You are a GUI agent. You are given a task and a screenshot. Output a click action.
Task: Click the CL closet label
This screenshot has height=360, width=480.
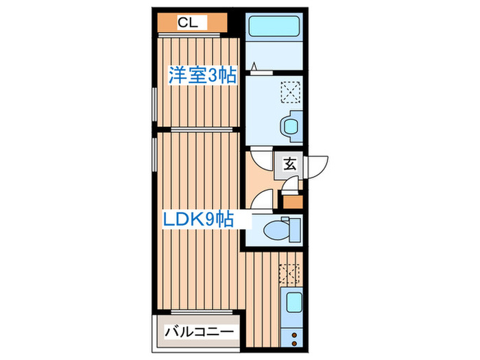[188, 23]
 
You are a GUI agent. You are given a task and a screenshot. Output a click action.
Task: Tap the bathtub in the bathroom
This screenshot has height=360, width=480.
[274, 27]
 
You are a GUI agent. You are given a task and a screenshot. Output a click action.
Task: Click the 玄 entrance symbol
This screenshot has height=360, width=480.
[290, 165]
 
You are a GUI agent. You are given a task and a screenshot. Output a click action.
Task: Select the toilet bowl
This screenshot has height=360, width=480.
[283, 228]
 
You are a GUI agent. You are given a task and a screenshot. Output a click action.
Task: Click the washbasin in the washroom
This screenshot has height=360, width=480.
[289, 126]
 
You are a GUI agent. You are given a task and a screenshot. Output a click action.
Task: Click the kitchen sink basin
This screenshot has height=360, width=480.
[293, 302]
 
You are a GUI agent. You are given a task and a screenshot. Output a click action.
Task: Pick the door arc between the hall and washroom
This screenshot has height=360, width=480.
[261, 159]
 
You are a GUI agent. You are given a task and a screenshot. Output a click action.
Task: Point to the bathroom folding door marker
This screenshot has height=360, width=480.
[254, 67]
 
